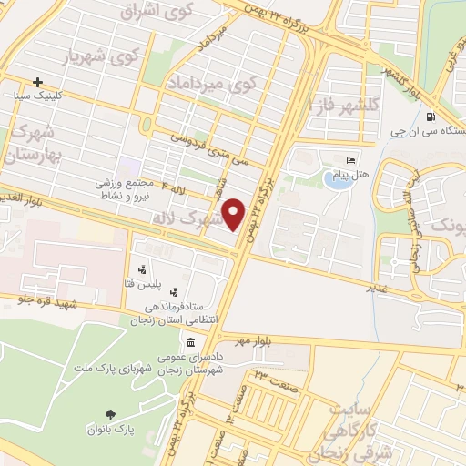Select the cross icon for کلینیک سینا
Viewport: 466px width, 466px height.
[37, 81]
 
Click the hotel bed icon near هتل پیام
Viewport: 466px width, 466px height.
[352, 160]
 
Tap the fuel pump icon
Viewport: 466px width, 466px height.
[429, 116]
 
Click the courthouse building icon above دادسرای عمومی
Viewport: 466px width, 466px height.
[190, 343]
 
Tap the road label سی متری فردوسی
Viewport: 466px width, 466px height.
[216, 149]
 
